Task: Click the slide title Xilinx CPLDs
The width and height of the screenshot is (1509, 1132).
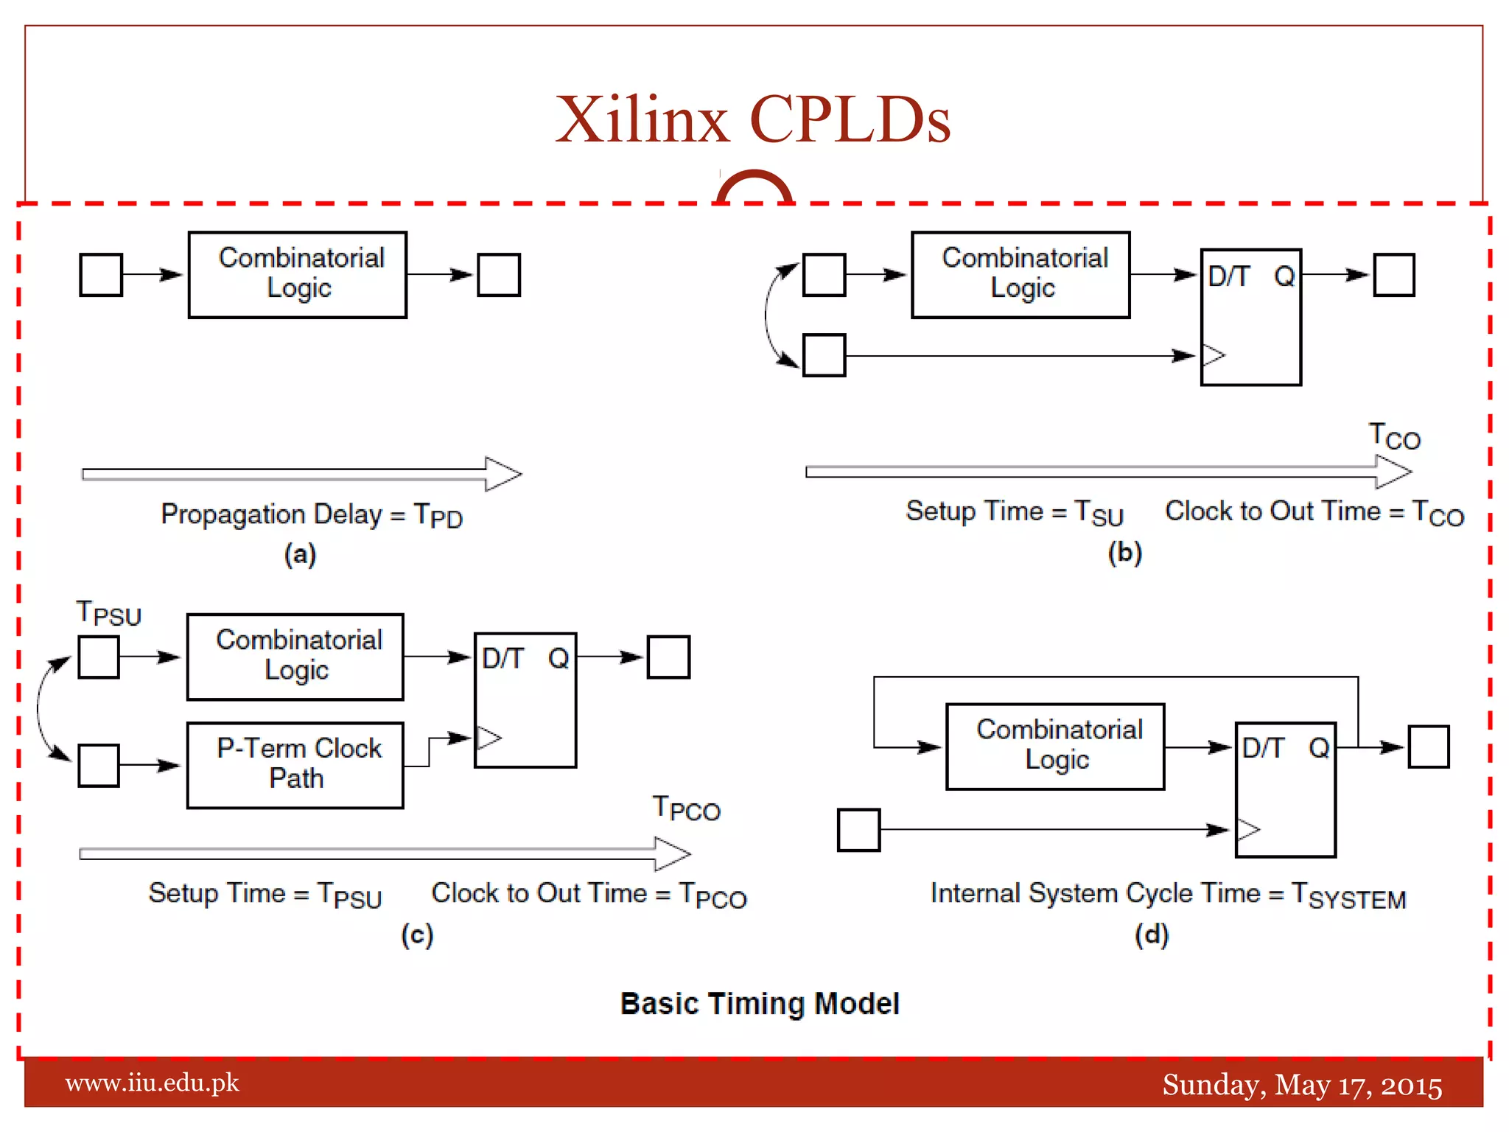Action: (x=752, y=119)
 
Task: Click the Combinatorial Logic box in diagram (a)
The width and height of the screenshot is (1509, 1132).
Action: (x=297, y=275)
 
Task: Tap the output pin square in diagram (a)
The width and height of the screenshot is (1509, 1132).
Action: (x=499, y=275)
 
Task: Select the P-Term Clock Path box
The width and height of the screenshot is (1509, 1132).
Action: (x=295, y=765)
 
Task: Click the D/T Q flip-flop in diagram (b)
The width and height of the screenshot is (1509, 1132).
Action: (x=1250, y=317)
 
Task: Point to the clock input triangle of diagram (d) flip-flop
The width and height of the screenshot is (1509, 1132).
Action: (x=1248, y=830)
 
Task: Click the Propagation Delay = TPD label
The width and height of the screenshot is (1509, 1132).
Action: (x=312, y=515)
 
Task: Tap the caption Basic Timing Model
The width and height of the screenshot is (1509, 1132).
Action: (x=760, y=1004)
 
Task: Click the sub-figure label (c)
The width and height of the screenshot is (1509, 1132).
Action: (x=417, y=935)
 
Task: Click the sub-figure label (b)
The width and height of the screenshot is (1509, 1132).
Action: (x=1125, y=553)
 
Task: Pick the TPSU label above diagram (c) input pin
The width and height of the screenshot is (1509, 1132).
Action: (x=108, y=613)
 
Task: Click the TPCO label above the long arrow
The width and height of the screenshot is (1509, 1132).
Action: (x=686, y=808)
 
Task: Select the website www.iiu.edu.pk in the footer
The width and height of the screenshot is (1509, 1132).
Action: (x=152, y=1083)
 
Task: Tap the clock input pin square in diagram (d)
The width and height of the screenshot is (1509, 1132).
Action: (x=858, y=830)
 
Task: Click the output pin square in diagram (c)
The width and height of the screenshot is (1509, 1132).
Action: (x=668, y=657)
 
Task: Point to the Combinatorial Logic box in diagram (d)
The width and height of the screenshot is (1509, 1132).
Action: (x=1055, y=747)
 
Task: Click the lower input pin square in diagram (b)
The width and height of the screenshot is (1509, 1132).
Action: (x=824, y=355)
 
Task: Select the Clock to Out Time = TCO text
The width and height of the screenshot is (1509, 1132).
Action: (x=1314, y=512)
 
